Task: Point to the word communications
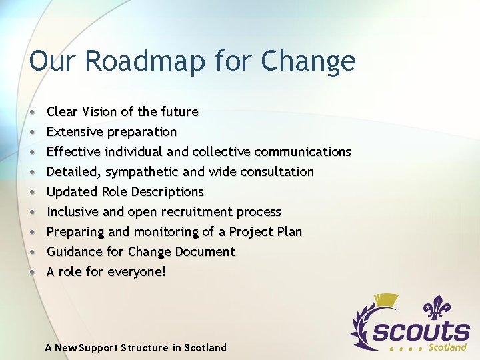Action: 303,151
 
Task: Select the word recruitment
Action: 181,212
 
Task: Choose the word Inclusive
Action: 73,211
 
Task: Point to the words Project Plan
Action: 265,232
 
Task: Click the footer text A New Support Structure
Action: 135,347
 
